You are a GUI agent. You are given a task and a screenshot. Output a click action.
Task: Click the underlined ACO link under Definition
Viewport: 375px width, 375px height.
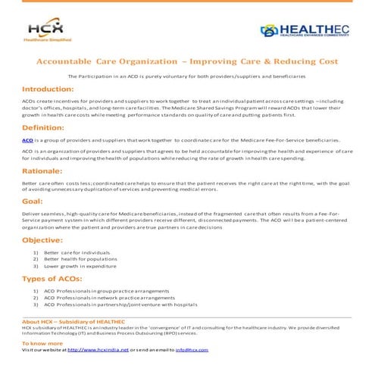27,141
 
